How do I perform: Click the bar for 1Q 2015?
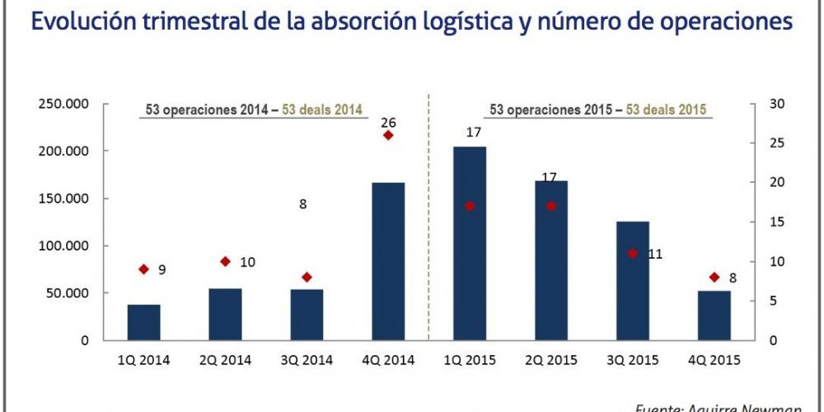point(470,243)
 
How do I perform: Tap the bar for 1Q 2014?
point(144,322)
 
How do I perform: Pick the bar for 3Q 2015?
point(633,280)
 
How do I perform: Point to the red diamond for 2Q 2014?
point(226,261)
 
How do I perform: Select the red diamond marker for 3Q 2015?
point(633,254)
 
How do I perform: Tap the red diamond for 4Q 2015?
point(714,278)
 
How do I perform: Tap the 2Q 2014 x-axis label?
point(226,360)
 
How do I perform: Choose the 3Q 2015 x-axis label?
point(633,360)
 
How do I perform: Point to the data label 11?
point(655,255)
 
